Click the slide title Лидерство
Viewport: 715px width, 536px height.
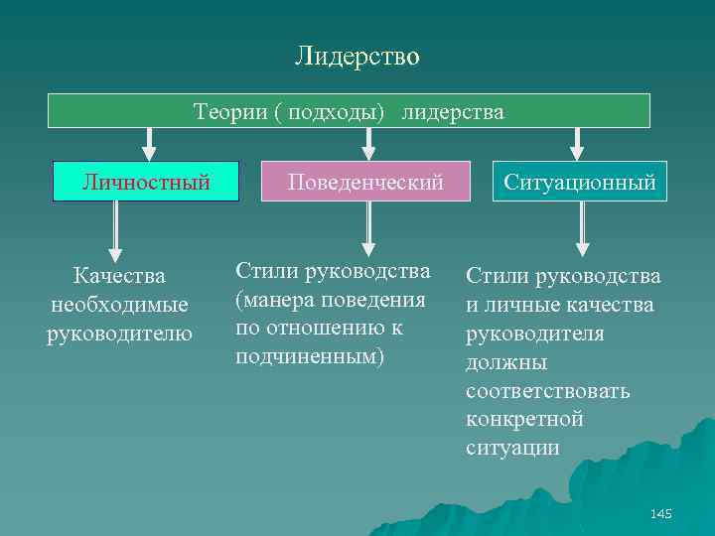357,57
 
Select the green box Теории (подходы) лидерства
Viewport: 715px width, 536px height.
349,111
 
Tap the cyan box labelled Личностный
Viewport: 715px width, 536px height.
146,183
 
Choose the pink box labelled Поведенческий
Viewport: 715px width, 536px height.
365,183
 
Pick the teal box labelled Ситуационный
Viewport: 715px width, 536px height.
580,183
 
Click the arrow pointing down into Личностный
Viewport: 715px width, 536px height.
149,144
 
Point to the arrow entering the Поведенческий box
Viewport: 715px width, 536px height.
368,144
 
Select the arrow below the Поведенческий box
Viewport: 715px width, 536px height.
368,228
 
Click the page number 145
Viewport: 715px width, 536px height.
660,513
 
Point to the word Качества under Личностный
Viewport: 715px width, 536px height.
119,274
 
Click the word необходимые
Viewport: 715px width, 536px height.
119,303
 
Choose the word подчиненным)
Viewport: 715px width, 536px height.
309,355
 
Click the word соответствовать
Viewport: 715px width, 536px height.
547,390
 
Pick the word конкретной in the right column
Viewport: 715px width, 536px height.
524,419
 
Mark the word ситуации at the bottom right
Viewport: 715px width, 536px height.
512,448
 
